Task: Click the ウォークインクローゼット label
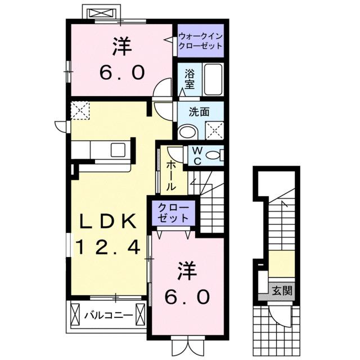[200, 41]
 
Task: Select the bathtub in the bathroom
[213, 80]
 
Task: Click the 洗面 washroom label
[200, 112]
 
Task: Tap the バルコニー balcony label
[109, 315]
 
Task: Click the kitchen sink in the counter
[119, 150]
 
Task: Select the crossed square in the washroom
[214, 130]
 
